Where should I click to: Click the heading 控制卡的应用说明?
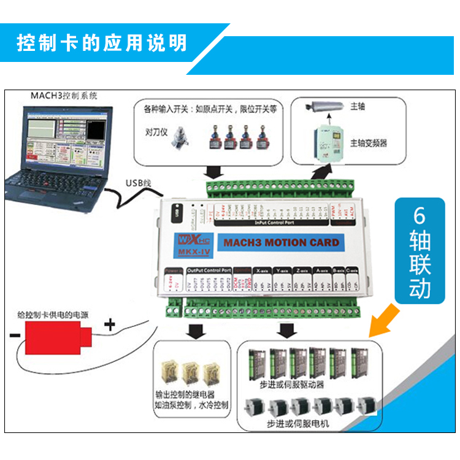[101, 44]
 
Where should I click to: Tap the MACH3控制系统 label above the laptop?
[64, 96]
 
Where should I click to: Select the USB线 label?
[138, 183]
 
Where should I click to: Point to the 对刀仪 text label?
[154, 131]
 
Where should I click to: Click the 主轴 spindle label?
[357, 106]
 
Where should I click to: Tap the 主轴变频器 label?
[368, 142]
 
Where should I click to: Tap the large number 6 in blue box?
[419, 217]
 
